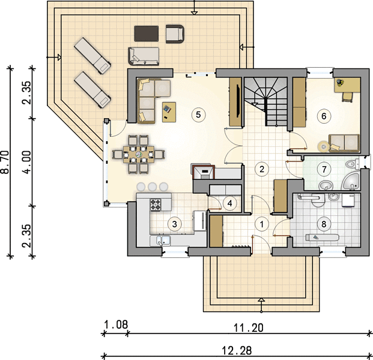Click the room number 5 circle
click(x=198, y=115)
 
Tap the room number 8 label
click(x=324, y=224)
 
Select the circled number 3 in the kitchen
click(x=174, y=224)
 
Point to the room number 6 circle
click(x=324, y=116)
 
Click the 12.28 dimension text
click(x=237, y=350)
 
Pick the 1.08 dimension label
click(x=116, y=325)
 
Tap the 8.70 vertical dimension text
click(x=5, y=162)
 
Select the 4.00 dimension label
click(x=28, y=162)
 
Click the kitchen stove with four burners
click(x=156, y=205)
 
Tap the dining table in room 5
click(x=138, y=154)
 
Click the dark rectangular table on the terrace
click(x=147, y=34)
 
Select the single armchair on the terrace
click(x=175, y=34)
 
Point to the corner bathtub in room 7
click(x=351, y=182)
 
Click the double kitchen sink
click(x=160, y=241)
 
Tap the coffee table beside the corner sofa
click(x=169, y=112)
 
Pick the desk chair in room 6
click(x=348, y=97)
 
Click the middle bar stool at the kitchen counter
click(x=152, y=187)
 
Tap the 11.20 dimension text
click(x=248, y=328)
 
